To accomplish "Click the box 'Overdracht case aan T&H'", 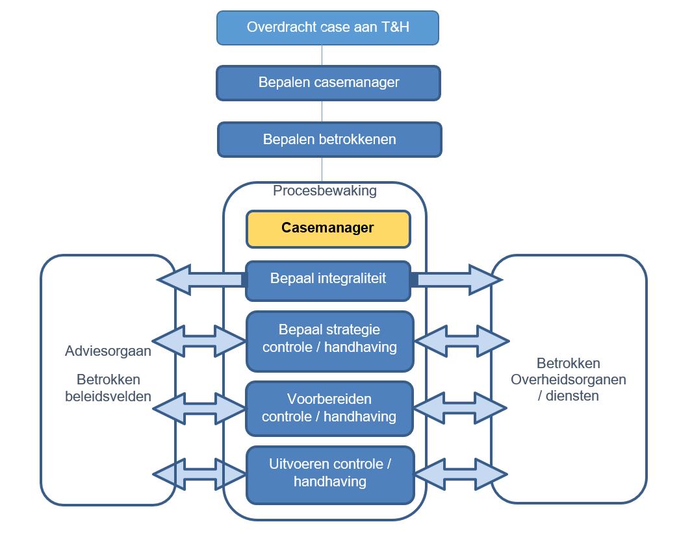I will click(327, 28).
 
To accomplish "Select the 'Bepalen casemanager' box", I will click(328, 83).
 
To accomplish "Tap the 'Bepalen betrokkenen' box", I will click(329, 140).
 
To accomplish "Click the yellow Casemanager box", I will click(327, 229).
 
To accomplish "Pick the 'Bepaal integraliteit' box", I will click(327, 280).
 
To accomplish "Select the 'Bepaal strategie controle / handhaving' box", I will click(329, 340).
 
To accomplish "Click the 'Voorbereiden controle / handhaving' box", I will click(329, 408).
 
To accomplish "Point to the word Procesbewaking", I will click(325, 191).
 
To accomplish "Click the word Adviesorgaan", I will click(108, 351).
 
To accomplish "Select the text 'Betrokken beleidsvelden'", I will click(108, 388).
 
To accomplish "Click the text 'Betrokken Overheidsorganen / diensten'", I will click(568, 379).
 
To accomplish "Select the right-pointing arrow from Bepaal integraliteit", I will click(457, 280).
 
